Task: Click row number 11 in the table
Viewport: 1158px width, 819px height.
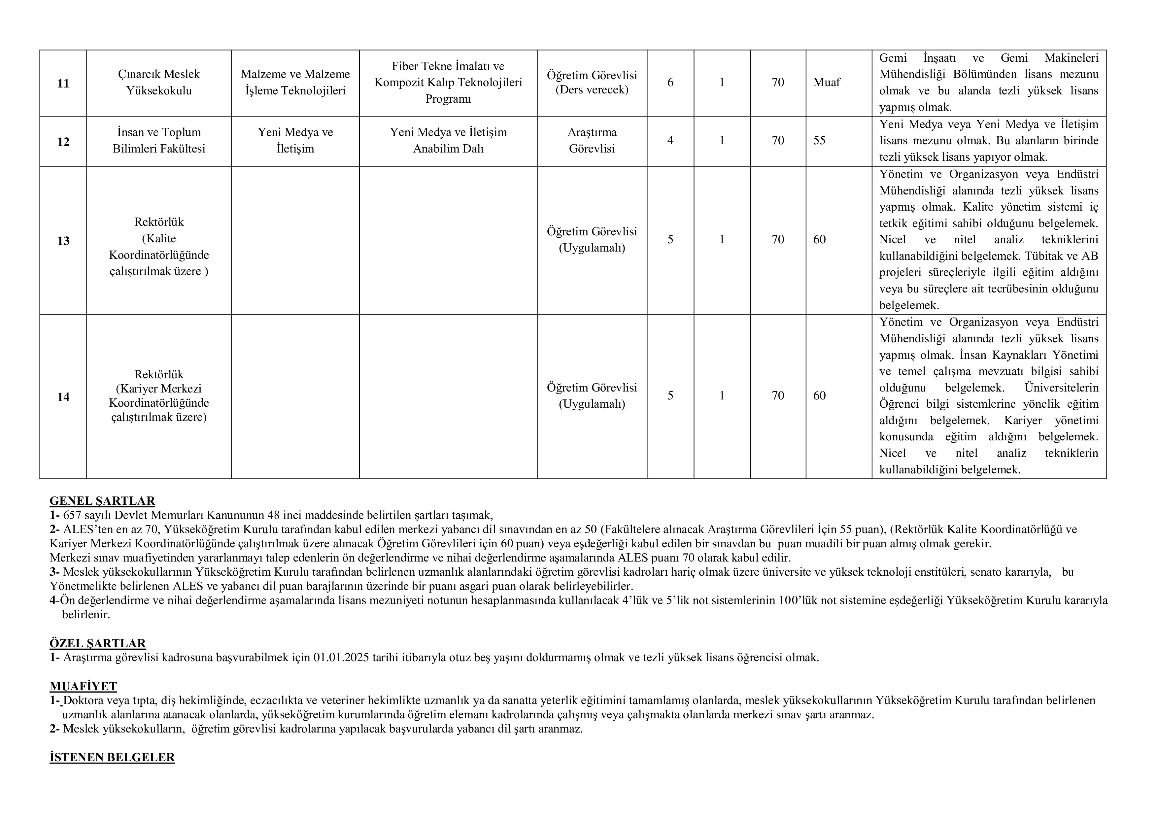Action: [63, 83]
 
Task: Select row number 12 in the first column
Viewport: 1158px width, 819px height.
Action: [63, 142]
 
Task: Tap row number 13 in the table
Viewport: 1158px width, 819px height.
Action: [63, 241]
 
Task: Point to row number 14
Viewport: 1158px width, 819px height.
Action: [63, 397]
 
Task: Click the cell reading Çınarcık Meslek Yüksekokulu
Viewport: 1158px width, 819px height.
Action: [159, 83]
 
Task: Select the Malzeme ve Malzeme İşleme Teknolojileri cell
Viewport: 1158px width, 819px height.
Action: [295, 83]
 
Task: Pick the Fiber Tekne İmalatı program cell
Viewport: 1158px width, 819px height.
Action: [448, 83]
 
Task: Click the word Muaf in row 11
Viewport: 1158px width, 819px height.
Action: [827, 82]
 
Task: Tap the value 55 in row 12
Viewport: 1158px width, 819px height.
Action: [820, 141]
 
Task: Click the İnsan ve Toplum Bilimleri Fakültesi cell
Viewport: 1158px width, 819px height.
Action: [159, 141]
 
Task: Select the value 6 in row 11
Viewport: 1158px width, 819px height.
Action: [670, 82]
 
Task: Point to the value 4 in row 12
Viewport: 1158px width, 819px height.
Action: [670, 141]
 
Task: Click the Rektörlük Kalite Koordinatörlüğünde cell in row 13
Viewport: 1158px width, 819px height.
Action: [159, 247]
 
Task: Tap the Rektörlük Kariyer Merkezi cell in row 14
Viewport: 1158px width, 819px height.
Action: [159, 396]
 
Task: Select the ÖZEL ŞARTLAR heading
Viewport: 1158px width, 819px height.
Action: [98, 643]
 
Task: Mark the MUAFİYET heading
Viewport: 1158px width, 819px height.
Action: [83, 686]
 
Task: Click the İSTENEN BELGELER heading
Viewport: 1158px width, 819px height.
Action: [112, 758]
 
